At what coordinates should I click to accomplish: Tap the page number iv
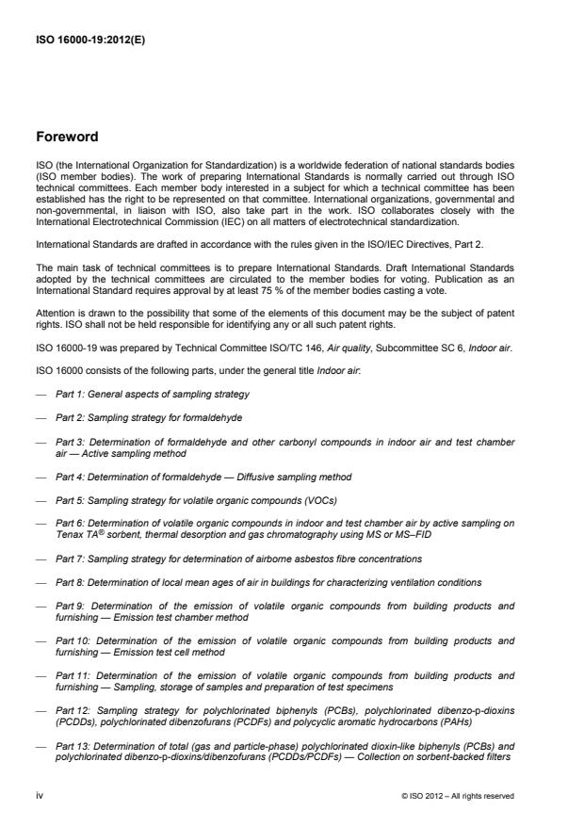point(40,795)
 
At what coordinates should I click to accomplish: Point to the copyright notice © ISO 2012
point(457,796)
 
